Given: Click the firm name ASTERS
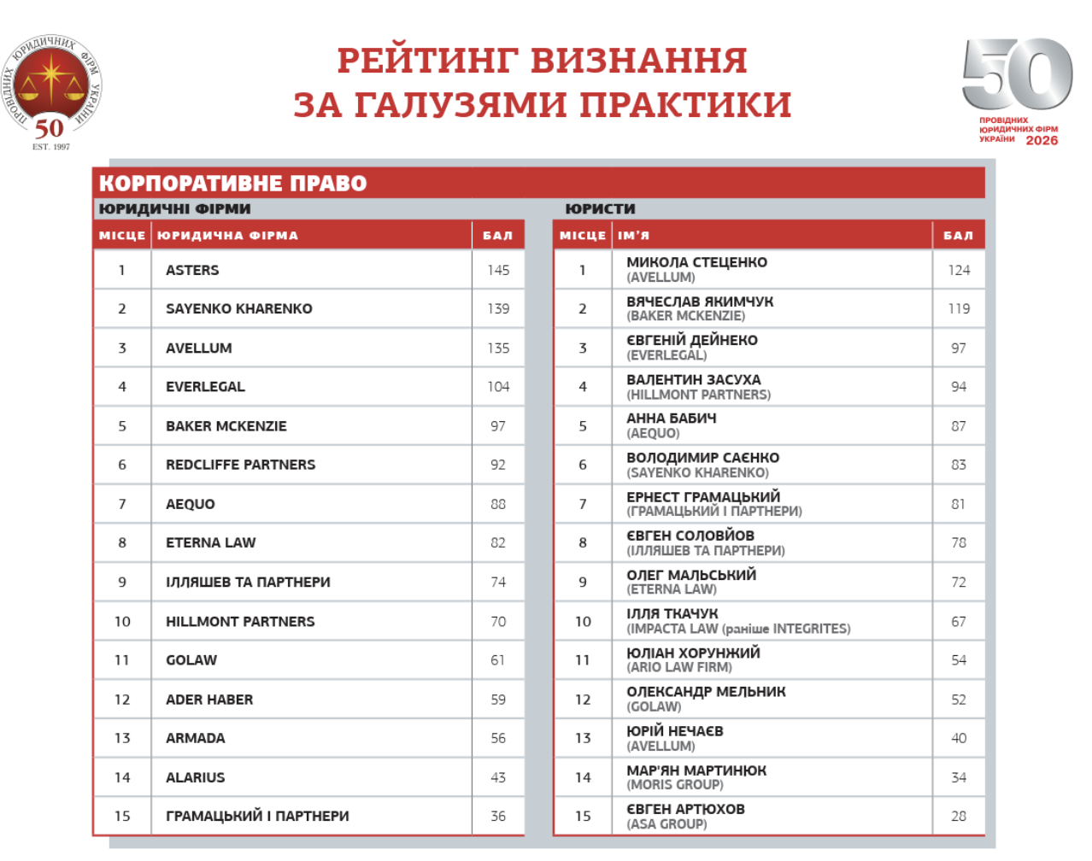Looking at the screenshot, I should (x=192, y=270).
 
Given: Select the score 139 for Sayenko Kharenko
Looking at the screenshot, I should (x=498, y=308).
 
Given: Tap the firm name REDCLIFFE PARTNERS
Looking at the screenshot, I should (x=240, y=465).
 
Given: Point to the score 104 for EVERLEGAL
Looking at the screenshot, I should (x=498, y=387).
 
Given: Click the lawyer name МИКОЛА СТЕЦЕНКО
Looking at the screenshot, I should (x=696, y=262).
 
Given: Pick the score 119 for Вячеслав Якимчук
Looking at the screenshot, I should (x=959, y=308).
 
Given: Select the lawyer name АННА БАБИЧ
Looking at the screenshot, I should (x=671, y=419).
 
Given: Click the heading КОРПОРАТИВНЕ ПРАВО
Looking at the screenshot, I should (x=233, y=184).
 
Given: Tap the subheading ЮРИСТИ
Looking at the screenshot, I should (x=600, y=208).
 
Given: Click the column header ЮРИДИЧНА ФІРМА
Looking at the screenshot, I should (x=227, y=236).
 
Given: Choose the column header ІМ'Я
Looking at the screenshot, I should (x=633, y=236).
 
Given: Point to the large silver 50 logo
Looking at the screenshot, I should (x=1017, y=74).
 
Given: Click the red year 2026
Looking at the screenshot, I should (x=1042, y=141).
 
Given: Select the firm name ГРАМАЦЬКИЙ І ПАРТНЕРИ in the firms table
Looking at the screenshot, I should (x=257, y=816).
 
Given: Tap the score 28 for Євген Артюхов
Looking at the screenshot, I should (x=959, y=816).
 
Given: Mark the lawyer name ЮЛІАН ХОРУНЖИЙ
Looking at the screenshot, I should (x=693, y=653).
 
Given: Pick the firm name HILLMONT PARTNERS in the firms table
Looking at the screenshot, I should (x=240, y=621).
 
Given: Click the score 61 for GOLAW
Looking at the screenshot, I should (x=498, y=660).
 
